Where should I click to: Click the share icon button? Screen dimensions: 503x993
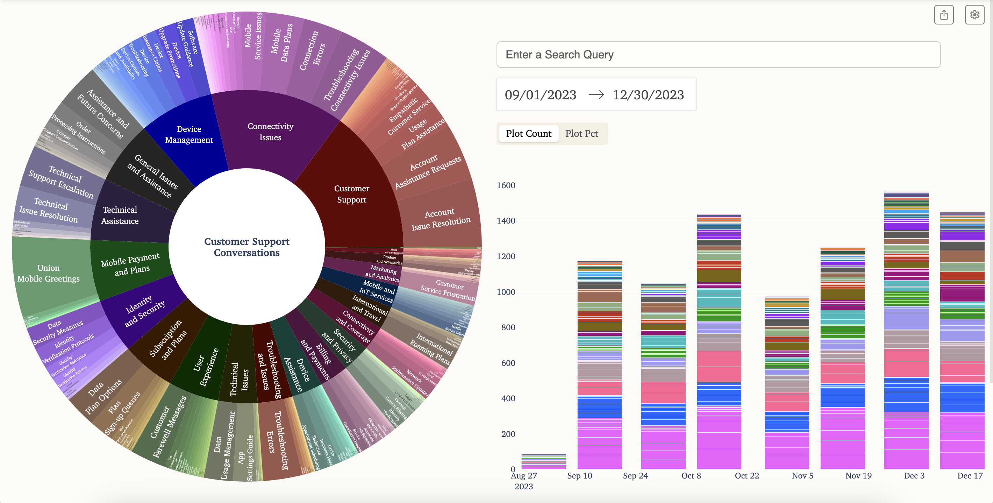click(x=943, y=15)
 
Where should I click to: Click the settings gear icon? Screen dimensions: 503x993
click(x=974, y=15)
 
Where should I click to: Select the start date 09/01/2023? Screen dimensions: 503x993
click(x=541, y=95)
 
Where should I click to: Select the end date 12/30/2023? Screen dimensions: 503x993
click(x=648, y=95)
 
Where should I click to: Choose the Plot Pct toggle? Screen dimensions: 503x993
click(x=581, y=134)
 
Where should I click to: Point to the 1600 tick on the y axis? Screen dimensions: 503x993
click(x=506, y=185)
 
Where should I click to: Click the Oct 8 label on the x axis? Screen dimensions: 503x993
click(x=691, y=476)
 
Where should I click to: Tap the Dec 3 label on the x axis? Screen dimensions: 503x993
click(x=914, y=476)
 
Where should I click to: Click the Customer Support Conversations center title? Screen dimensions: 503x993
click(x=247, y=247)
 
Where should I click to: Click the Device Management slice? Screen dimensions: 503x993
click(x=189, y=135)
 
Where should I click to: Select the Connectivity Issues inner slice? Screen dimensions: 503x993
click(x=270, y=132)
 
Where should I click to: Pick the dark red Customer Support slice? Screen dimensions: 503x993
click(x=351, y=194)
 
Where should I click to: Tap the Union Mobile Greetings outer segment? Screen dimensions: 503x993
click(x=49, y=273)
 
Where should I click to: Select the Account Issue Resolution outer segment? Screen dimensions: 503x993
click(x=441, y=219)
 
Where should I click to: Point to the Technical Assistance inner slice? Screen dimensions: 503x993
click(x=120, y=215)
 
